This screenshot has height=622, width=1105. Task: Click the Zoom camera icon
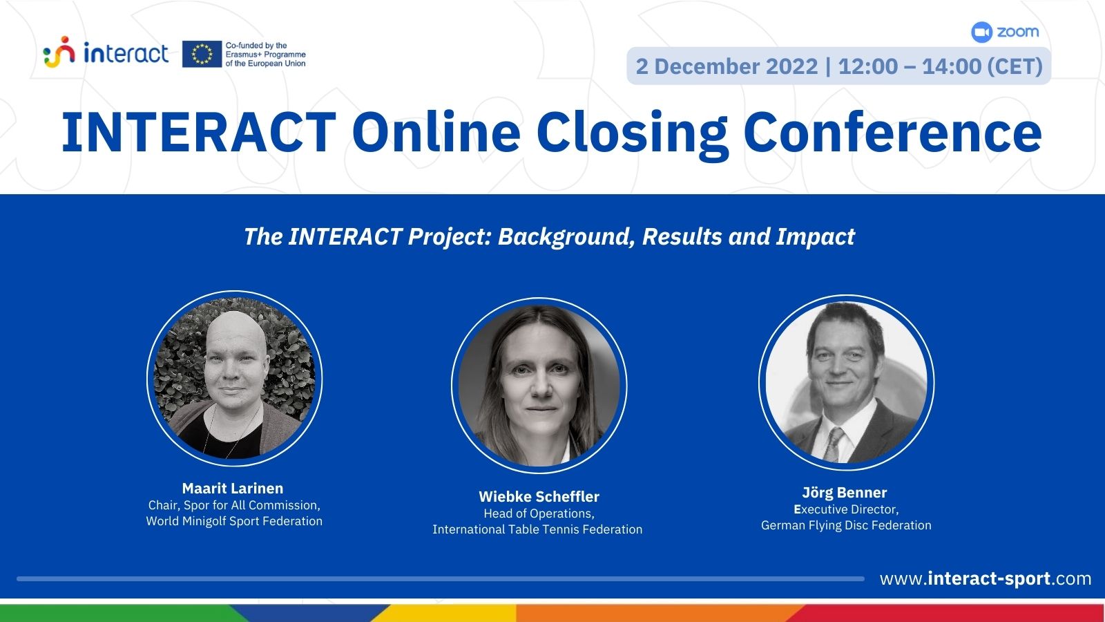981,32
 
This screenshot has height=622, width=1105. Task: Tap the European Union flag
202,54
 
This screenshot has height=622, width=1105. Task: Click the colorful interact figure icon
59,52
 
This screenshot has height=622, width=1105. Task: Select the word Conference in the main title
892,132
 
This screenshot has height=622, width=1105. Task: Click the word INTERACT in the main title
199,132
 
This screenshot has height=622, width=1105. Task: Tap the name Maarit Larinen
233,488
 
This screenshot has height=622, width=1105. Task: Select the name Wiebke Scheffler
539,496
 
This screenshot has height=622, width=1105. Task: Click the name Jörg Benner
845,492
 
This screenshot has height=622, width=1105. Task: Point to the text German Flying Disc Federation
846,525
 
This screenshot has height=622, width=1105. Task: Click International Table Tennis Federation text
537,529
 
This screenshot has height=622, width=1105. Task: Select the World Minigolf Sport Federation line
234,521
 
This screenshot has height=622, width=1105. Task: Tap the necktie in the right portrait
833,444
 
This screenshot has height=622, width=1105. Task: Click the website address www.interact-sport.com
985,578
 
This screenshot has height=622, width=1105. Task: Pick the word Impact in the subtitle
816,236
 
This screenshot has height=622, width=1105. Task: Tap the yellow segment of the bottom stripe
444,612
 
